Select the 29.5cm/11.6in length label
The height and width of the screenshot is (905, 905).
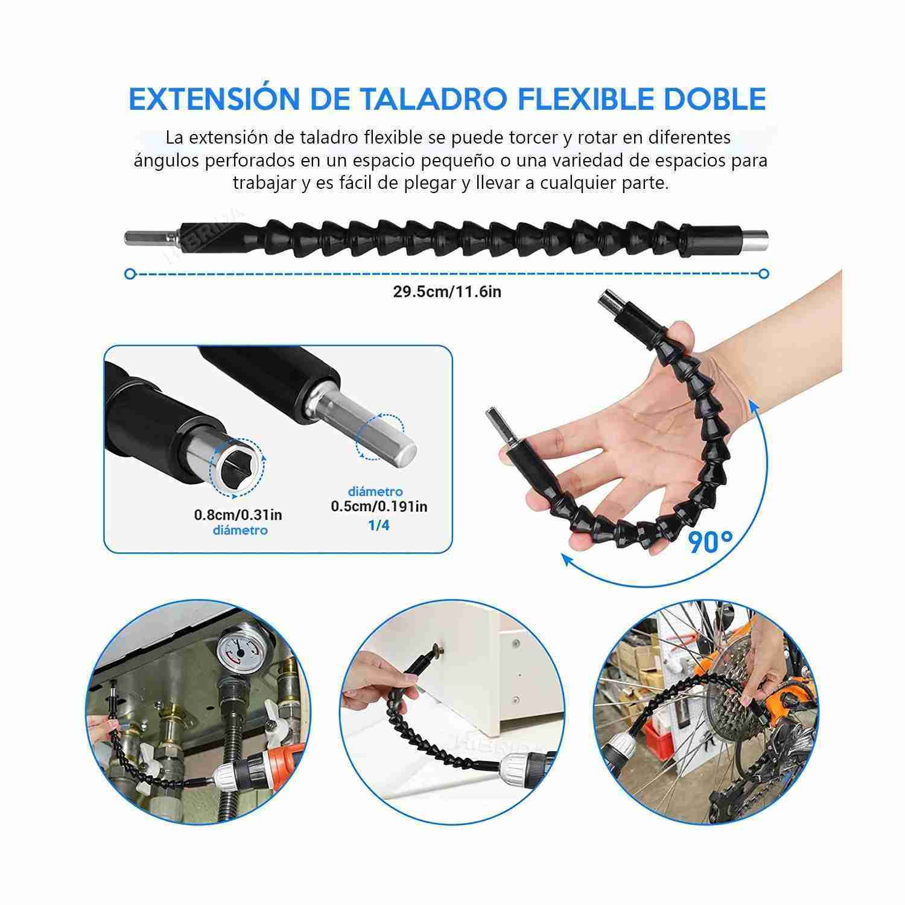(447, 292)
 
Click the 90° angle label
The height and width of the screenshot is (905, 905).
(711, 542)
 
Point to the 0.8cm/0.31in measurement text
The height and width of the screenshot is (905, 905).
(238, 515)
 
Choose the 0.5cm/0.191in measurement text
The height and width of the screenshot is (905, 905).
(379, 506)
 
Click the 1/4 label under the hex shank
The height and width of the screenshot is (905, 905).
(379, 525)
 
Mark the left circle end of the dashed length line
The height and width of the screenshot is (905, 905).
(130, 274)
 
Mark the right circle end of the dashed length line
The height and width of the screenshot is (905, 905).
(764, 274)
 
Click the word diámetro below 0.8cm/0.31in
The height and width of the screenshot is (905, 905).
(240, 530)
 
